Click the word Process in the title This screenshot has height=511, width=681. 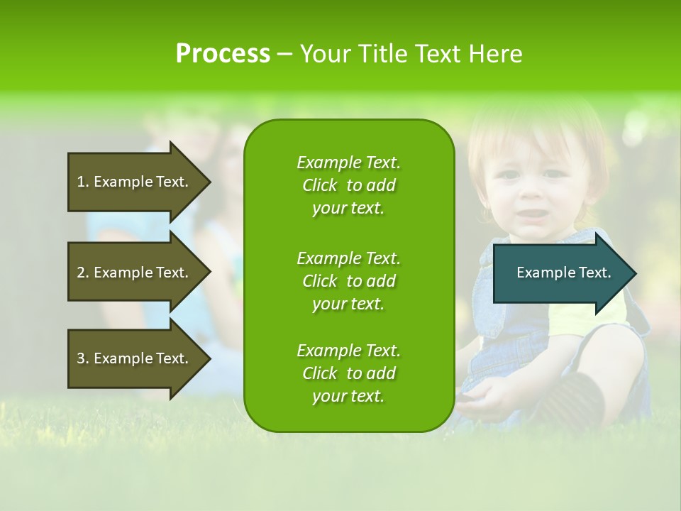pos(223,54)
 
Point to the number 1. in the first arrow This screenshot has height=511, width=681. pos(83,182)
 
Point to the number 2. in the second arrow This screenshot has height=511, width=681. pos(83,273)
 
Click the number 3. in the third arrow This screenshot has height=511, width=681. pos(83,358)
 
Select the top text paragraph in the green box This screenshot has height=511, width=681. pos(348,185)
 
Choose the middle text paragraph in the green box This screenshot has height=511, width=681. pos(348,281)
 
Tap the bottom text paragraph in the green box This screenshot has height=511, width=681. pos(348,373)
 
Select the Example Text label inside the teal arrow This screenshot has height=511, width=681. pos(564,273)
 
